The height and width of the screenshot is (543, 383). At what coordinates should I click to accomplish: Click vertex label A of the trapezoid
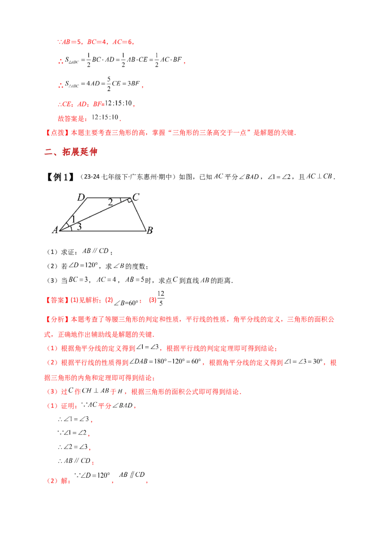click(55, 230)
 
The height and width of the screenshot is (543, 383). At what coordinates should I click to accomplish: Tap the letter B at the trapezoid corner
click(149, 231)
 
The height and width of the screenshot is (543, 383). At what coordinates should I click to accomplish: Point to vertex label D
click(81, 197)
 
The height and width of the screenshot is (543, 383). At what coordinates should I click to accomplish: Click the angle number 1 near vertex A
click(73, 220)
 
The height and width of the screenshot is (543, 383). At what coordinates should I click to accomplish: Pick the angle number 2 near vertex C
click(110, 202)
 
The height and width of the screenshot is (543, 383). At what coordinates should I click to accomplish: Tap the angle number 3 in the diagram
click(79, 227)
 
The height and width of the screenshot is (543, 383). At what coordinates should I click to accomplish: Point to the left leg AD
click(73, 214)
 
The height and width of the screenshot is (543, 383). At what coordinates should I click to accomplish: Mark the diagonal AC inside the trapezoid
click(96, 214)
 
